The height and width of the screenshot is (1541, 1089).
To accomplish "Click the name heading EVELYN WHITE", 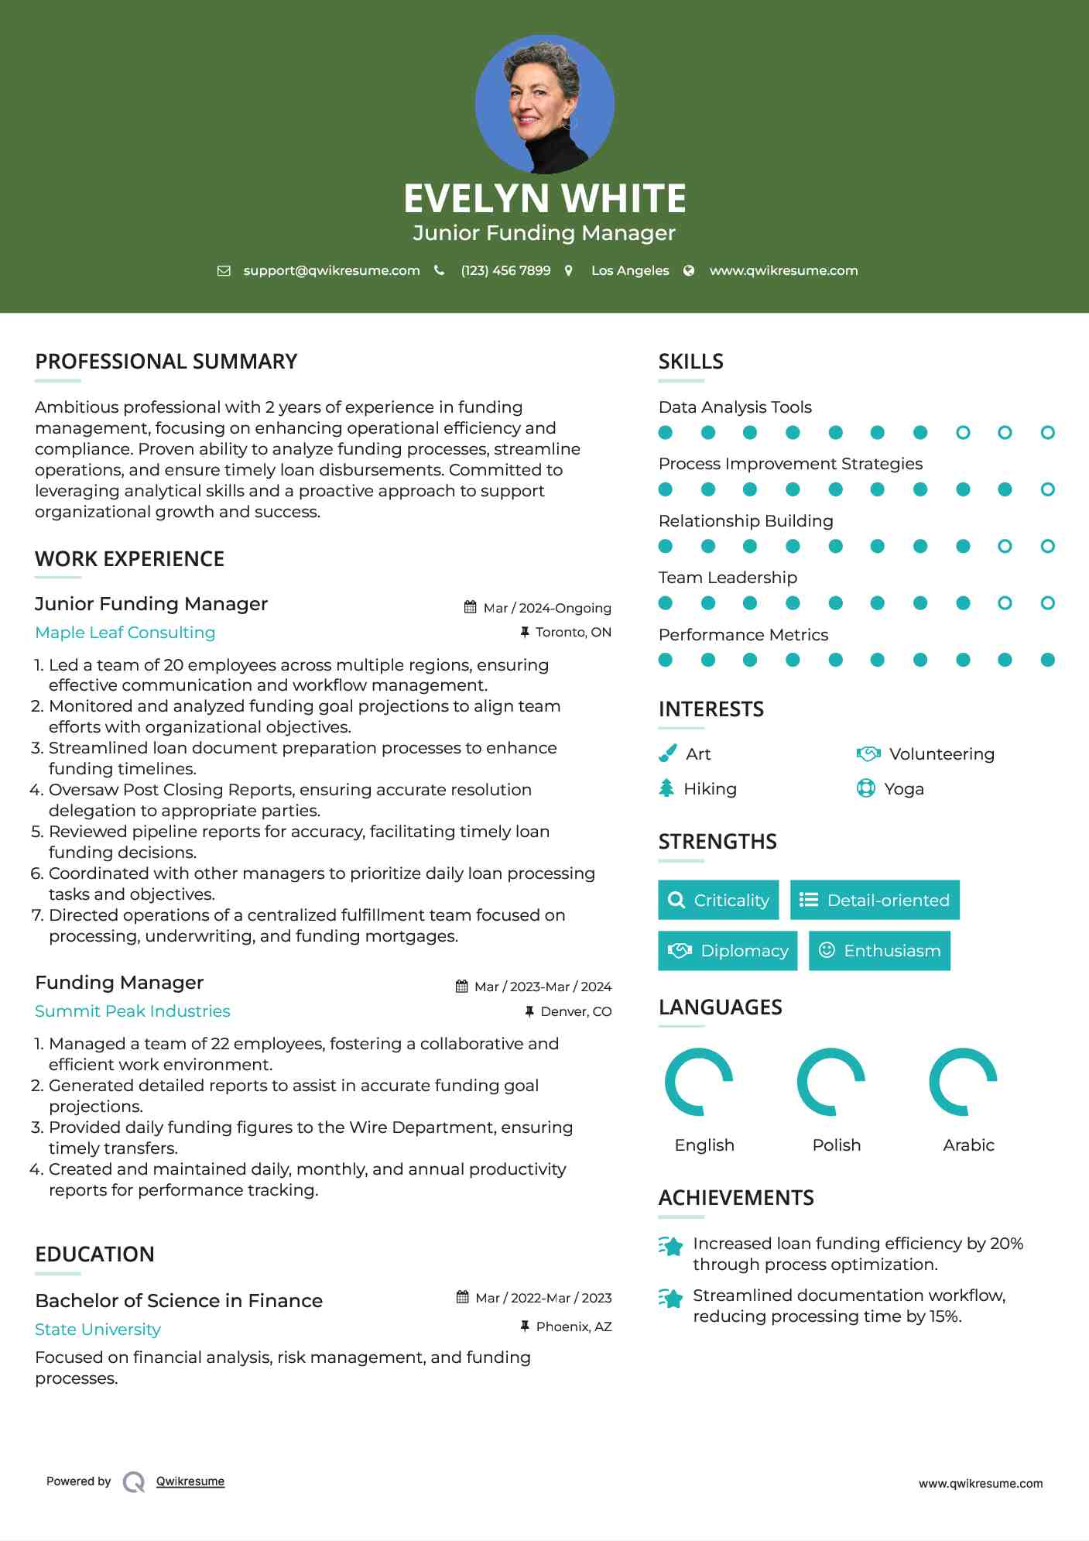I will point(544,198).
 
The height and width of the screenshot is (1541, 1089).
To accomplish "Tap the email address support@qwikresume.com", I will point(331,270).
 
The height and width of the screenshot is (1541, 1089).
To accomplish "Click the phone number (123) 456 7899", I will point(505,270).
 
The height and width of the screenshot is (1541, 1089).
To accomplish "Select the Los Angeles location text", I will point(629,270).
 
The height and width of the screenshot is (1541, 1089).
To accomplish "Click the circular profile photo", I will point(544,104).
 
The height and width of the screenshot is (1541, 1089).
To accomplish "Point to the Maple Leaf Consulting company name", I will point(125,633).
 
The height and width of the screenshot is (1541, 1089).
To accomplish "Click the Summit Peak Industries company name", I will point(132,1011).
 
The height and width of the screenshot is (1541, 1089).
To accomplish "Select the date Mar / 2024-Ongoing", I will point(546,608).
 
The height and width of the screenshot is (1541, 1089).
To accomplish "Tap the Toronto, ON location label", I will point(573,632).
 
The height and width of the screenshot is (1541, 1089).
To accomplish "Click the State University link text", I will point(98,1330).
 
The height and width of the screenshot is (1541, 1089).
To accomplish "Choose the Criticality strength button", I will point(718,900).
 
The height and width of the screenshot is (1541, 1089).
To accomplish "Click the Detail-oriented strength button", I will point(875,900).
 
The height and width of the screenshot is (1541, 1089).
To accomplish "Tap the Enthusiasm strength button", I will point(879,950).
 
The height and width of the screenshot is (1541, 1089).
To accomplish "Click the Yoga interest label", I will point(903,789).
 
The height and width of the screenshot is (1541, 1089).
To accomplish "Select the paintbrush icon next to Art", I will point(667,753).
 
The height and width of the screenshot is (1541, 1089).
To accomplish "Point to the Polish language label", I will point(836,1145).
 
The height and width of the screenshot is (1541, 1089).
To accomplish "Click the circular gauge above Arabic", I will point(963,1082).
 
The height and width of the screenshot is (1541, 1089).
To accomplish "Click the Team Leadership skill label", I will point(728,578).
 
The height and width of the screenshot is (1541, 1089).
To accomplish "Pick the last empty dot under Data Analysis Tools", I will point(1047,433).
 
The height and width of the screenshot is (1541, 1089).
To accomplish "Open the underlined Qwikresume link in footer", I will point(190,1481).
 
